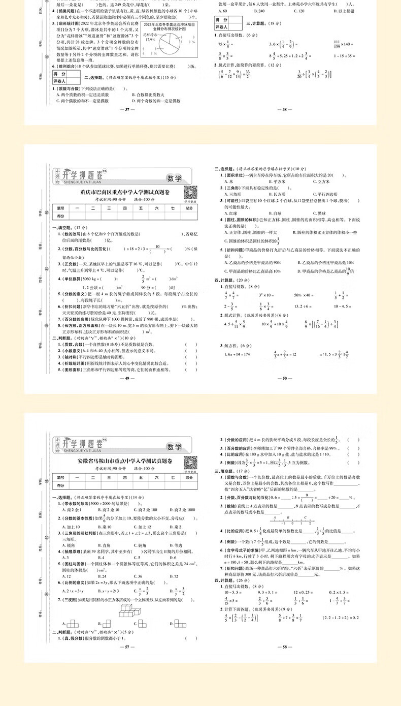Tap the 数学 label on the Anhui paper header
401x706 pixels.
[x=174, y=447]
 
